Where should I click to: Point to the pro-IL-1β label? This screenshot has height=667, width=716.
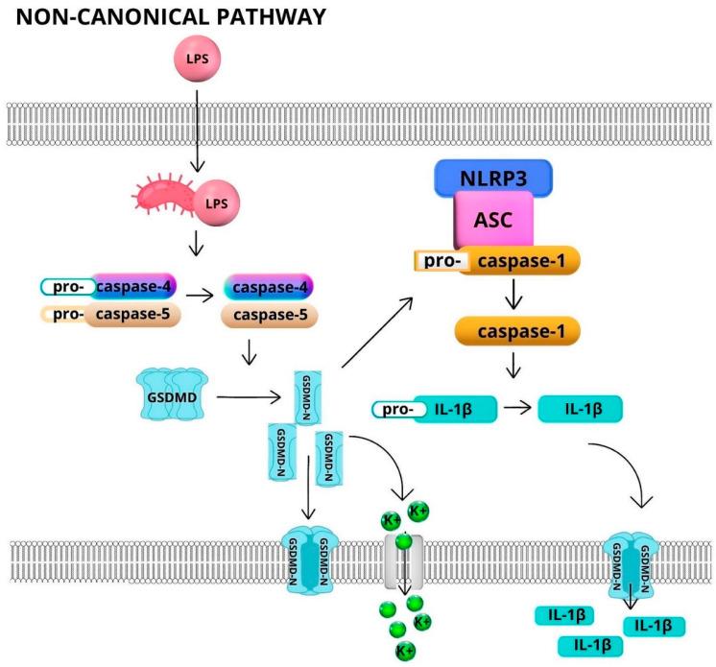[432, 411]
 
